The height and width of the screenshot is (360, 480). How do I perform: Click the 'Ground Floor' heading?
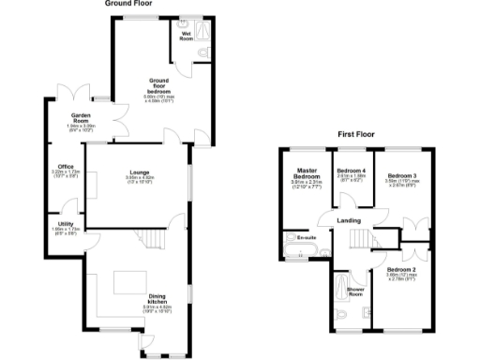tap(130, 4)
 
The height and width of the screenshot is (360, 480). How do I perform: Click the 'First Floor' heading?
tap(357, 135)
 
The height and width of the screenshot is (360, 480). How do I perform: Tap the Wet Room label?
tap(187, 37)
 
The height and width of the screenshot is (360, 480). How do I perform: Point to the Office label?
tap(66, 168)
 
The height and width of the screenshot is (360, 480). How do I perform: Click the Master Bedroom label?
tap(307, 174)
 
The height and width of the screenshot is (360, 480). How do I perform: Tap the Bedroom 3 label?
tap(403, 175)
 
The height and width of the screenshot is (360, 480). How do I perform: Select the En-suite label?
tap(306, 238)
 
